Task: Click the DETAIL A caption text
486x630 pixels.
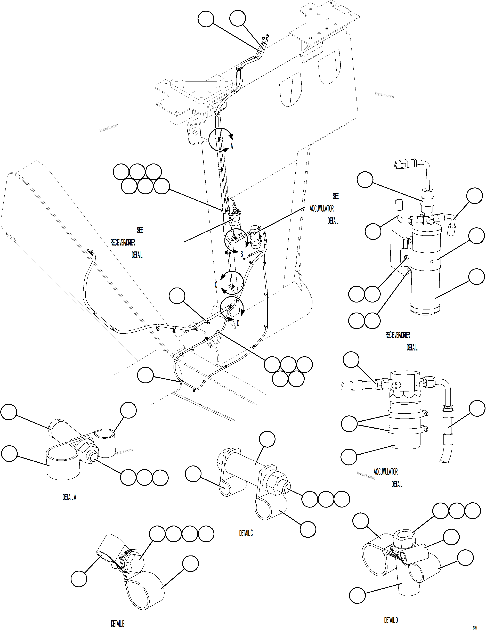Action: [69, 497]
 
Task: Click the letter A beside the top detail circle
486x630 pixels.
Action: [231, 146]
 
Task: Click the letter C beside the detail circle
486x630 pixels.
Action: [216, 285]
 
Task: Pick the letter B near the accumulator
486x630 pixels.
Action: [242, 254]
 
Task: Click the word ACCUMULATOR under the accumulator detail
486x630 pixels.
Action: [386, 472]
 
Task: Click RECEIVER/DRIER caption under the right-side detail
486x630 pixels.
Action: [398, 335]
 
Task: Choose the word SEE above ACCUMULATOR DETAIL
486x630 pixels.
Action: [336, 197]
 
